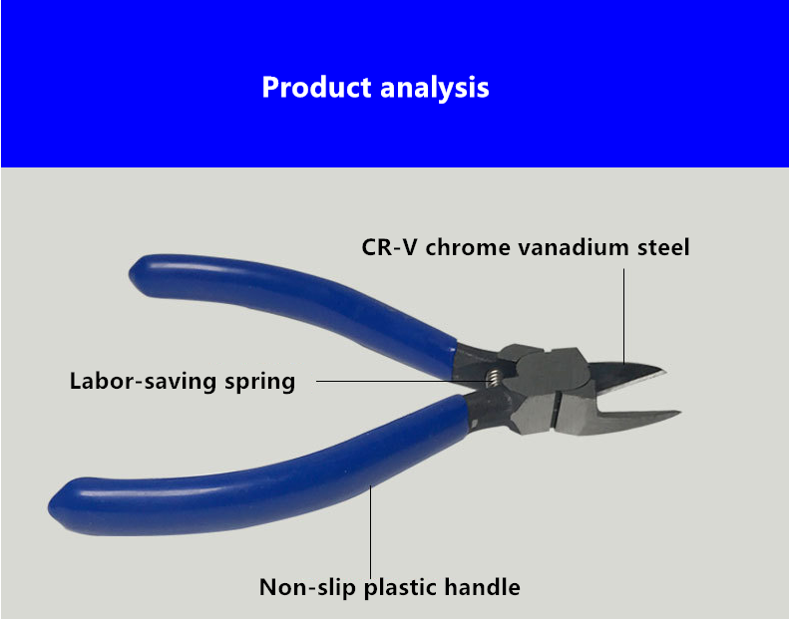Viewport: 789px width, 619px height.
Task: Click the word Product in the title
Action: pos(316,87)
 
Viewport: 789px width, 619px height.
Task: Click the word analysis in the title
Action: pos(435,87)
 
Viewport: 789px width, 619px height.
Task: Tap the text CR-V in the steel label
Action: pos(389,247)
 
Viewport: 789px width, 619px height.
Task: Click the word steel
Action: pos(663,247)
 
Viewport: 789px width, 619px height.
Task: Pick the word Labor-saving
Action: pos(143,381)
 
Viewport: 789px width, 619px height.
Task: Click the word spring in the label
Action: pos(259,382)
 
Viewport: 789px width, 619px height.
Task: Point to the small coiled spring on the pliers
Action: pos(495,378)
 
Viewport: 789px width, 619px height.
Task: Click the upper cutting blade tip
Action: pos(664,372)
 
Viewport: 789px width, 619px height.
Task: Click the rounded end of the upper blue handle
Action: pos(136,275)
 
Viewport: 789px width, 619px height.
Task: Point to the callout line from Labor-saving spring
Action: pos(403,381)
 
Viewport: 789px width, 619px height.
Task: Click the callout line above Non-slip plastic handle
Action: pos(370,532)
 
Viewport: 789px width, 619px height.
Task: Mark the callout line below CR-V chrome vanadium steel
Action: pos(624,316)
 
